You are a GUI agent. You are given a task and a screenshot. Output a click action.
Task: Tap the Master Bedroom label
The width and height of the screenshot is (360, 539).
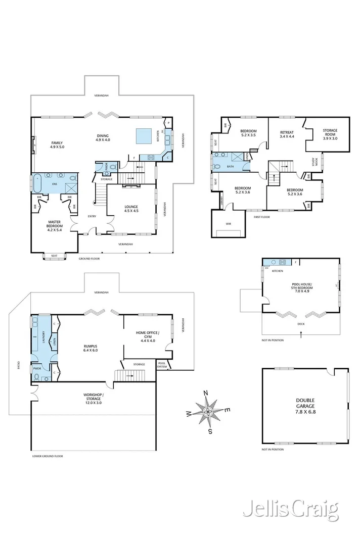(x=54, y=225)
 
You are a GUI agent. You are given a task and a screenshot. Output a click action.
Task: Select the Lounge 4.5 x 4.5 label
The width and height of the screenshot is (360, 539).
(x=131, y=209)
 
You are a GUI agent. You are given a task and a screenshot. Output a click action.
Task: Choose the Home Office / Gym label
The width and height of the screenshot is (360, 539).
(x=147, y=335)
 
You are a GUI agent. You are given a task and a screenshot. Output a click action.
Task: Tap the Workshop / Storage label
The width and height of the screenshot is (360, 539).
(x=93, y=397)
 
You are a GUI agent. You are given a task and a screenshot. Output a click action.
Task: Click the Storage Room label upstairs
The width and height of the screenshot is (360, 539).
(x=330, y=134)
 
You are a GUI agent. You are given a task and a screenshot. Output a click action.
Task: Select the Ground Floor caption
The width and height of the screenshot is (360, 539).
(x=89, y=259)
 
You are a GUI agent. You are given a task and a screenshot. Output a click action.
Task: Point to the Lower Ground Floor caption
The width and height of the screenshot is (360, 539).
(x=48, y=456)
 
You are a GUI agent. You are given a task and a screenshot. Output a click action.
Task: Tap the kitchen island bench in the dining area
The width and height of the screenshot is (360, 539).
(x=145, y=135)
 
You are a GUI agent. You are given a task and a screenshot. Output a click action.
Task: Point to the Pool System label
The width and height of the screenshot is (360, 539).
(x=162, y=365)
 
